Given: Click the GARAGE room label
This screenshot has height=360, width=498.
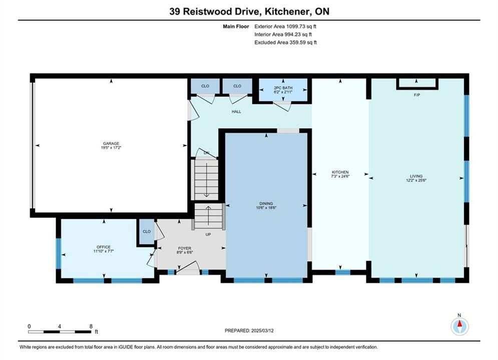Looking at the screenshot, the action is tap(111, 143).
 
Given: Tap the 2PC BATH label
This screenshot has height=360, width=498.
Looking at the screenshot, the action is tap(283, 88).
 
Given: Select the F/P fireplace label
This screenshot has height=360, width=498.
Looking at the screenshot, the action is tap(417, 95).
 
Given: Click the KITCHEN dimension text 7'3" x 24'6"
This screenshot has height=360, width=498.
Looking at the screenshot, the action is tap(340, 176).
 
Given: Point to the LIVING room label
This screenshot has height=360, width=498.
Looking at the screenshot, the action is tap(416, 176).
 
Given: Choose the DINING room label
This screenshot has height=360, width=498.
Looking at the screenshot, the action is tap(266, 203).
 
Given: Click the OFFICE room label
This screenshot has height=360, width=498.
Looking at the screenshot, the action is tap(104, 247).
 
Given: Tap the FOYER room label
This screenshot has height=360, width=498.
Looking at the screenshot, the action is tap(185, 248).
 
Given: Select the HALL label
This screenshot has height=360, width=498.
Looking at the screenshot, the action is tap(236, 111).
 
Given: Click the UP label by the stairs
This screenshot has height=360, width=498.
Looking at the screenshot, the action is tap(208, 234).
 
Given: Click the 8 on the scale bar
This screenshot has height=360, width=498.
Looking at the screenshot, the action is tap(91, 326).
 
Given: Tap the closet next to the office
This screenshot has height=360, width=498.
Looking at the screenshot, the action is tap(147, 231).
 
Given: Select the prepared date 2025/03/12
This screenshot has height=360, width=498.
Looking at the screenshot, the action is tap(262, 330).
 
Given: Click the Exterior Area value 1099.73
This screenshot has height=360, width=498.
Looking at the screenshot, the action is tap(296, 26).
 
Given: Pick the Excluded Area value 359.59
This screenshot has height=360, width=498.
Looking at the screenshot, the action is tap(298, 42).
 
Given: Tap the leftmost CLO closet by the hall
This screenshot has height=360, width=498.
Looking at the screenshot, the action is tap(205, 86).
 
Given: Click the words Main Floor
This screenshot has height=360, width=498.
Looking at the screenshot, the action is tap(236, 26).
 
